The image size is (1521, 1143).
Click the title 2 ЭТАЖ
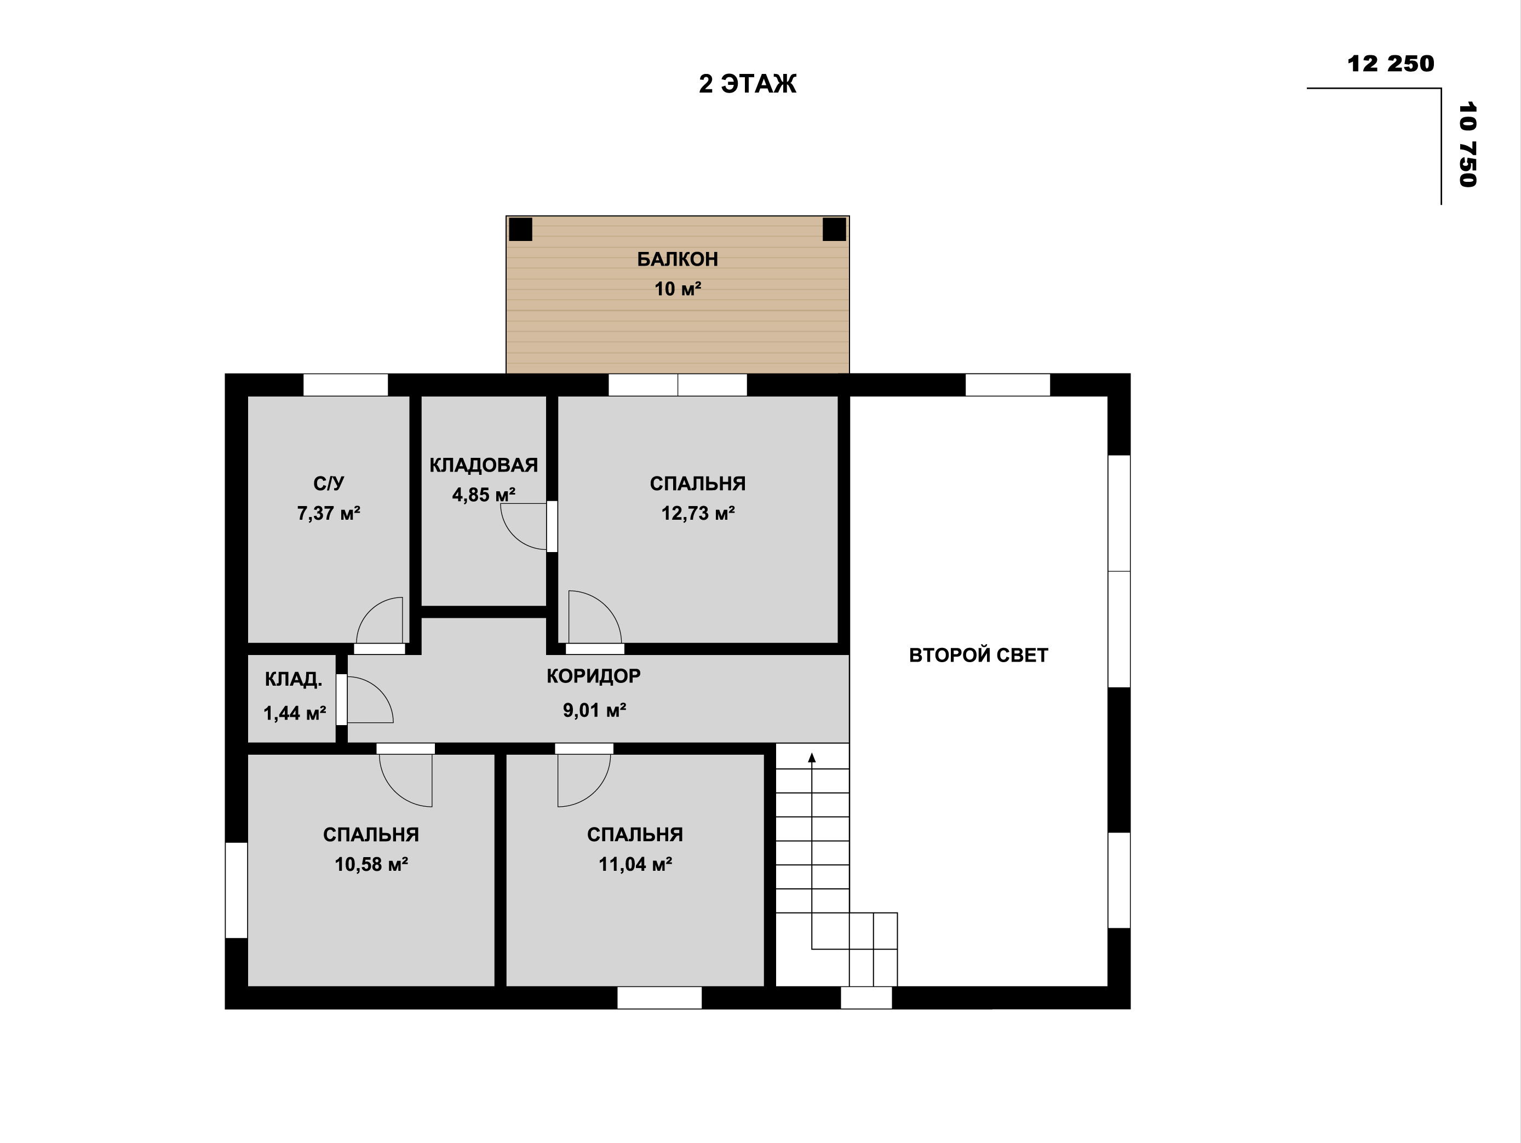[x=748, y=84]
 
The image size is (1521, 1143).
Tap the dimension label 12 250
[x=1390, y=64]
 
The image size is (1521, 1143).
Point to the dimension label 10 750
[x=1467, y=145]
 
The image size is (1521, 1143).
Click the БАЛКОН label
[x=678, y=259]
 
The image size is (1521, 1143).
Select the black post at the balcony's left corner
[x=520, y=229]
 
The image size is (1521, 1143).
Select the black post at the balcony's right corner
[x=834, y=229]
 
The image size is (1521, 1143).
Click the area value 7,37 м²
[x=329, y=513]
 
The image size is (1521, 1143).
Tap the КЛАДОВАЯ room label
[x=484, y=466]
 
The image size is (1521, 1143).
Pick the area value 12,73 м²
[x=698, y=513]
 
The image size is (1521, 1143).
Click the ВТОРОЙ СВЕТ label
[x=978, y=656]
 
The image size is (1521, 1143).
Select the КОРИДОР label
[x=593, y=676]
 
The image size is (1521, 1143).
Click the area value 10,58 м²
[x=371, y=864]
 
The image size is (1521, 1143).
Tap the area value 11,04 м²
[x=635, y=864]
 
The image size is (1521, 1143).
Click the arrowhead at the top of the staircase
[x=812, y=758]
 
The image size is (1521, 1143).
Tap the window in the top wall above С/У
[x=345, y=385]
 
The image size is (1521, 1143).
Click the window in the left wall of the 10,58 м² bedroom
[x=237, y=890]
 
